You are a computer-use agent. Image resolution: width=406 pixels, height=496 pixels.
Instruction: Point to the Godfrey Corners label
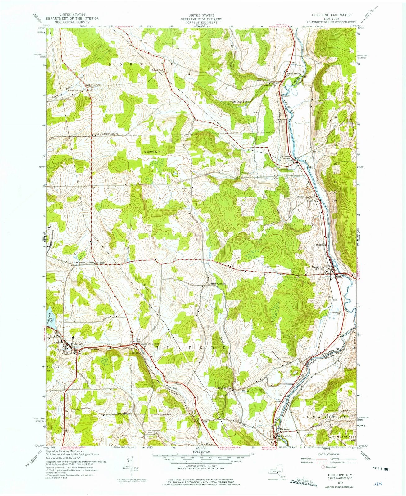point(216,284)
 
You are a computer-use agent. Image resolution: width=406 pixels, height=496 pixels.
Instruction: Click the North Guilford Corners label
point(105,134)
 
